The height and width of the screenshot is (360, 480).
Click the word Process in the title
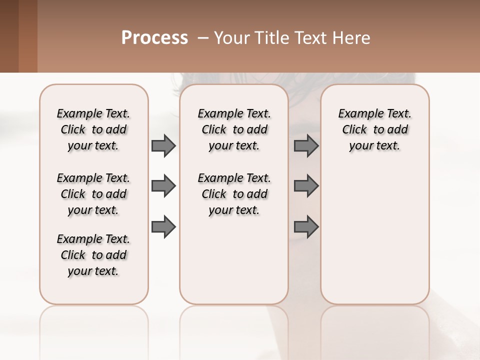tap(154, 38)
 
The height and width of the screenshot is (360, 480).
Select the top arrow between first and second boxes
tap(163, 145)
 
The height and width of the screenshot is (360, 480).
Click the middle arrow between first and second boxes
tap(163, 186)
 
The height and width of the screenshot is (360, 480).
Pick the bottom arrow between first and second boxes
tap(163, 226)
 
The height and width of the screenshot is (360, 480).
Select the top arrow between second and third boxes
tap(306, 145)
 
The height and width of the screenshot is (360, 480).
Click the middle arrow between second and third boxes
tap(306, 186)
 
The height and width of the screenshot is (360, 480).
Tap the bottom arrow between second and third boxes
tap(306, 226)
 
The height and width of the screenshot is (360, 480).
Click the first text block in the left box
tap(93, 129)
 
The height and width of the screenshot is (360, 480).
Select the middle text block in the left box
tap(93, 194)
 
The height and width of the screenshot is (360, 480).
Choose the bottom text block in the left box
tap(93, 255)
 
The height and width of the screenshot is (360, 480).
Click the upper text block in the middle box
tap(234, 129)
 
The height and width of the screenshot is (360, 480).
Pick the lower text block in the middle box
tap(234, 194)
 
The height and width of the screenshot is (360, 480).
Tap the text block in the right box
tap(375, 129)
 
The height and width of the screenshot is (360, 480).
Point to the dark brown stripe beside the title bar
tap(9, 36)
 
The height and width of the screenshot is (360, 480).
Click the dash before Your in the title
tap(202, 38)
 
